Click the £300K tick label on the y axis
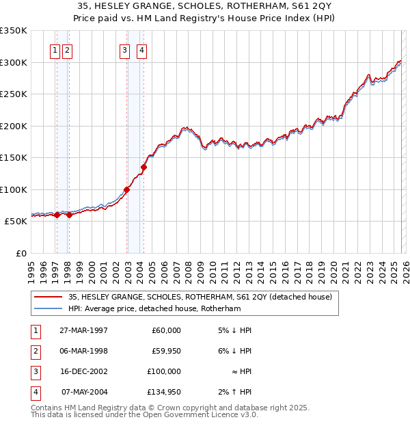point(14,62)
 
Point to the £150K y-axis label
point(14,157)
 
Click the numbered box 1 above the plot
point(55,50)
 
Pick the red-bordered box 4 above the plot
point(141,50)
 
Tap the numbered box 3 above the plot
point(125,50)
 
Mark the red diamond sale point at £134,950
point(144,167)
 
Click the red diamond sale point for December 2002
point(127,190)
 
